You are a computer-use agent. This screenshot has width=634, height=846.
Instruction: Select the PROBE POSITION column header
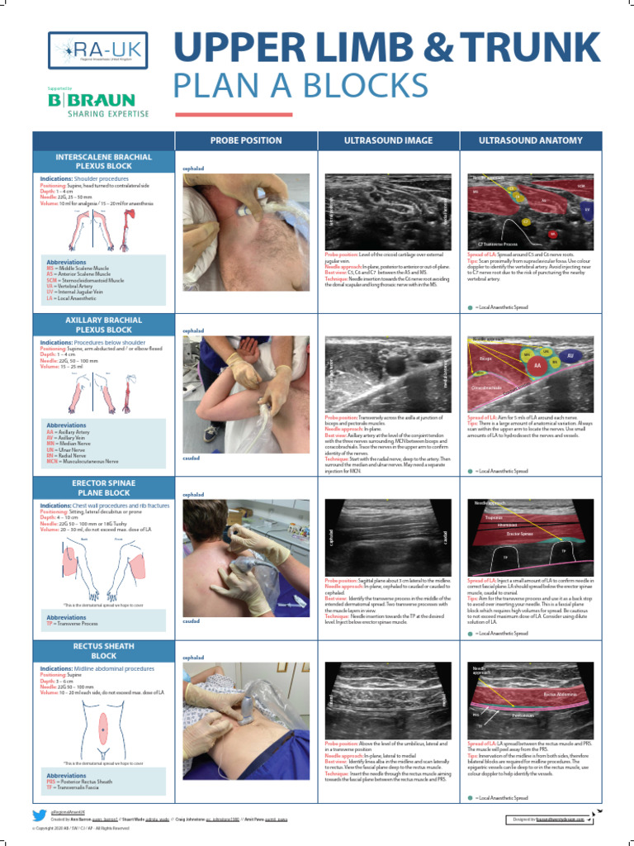pyautogui.click(x=246, y=140)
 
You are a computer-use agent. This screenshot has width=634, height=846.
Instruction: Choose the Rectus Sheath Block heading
pyautogui.click(x=103, y=650)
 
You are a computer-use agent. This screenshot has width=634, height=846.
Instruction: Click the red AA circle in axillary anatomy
pyautogui.click(x=537, y=364)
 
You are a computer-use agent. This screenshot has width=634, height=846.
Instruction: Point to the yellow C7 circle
pyautogui.click(x=525, y=222)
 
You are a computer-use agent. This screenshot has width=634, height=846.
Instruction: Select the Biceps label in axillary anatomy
pyautogui.click(x=485, y=359)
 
